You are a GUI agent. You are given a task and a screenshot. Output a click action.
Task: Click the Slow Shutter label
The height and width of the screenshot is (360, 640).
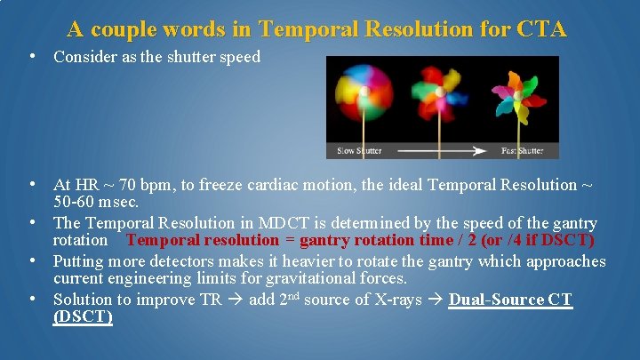(360, 151)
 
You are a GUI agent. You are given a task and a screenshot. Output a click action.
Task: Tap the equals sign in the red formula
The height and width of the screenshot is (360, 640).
(289, 240)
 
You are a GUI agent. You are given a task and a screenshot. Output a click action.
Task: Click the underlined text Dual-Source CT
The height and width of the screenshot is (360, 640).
(510, 300)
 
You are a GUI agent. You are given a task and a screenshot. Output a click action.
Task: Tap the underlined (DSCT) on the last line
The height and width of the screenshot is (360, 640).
(83, 316)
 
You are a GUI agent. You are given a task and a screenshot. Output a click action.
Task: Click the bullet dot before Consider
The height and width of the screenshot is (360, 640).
(32, 55)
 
